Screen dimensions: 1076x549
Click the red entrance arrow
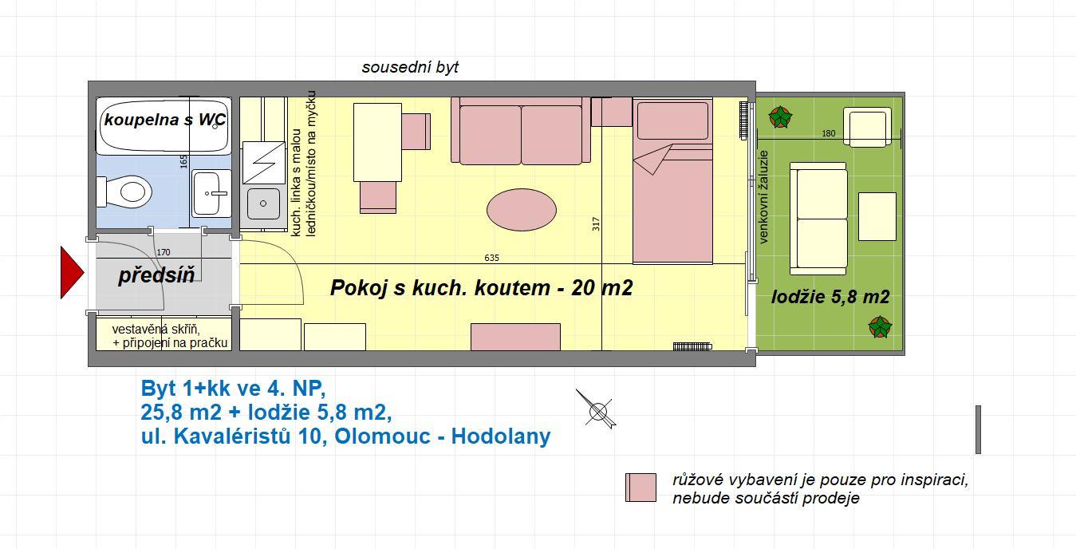click(72, 273)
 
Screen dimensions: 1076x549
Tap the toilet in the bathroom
click(124, 192)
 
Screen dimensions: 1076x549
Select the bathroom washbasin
click(211, 193)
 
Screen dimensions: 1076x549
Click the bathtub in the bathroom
click(164, 126)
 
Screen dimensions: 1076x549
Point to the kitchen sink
click(263, 203)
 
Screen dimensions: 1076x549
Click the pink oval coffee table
click(522, 210)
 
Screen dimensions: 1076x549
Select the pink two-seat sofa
click(521, 131)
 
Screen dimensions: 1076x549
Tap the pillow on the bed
click(672, 120)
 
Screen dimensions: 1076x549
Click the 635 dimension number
click(492, 258)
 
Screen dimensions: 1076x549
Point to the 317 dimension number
click(596, 224)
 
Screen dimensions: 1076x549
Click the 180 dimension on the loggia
click(829, 133)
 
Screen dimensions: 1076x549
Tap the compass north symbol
click(597, 410)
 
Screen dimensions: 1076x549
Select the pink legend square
click(640, 488)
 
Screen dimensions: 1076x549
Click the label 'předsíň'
click(156, 275)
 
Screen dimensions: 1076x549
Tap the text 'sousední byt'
click(410, 67)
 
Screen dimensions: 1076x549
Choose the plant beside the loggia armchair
click(779, 117)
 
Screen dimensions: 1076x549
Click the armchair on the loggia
click(868, 127)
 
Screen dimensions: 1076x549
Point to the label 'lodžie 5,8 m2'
click(830, 297)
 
